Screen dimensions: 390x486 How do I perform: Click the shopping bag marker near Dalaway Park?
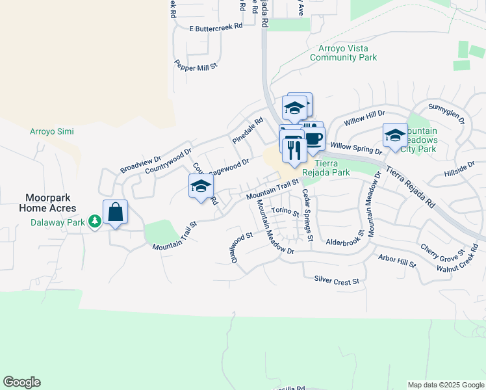pyautogui.click(x=115, y=213)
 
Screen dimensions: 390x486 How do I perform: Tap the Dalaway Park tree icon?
pyautogui.click(x=95, y=222)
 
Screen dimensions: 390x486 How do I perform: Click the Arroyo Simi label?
pyautogui.click(x=52, y=131)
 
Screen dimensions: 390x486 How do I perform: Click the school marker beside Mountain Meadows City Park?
pyautogui.click(x=394, y=136)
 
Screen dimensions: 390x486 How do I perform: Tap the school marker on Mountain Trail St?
pyautogui.click(x=201, y=187)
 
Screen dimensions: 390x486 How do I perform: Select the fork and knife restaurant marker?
pyautogui.click(x=294, y=151)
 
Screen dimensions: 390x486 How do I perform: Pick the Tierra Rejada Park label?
pyautogui.click(x=332, y=168)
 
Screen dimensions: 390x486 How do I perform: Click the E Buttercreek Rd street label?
pyautogui.click(x=216, y=27)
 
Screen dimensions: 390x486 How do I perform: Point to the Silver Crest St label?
pyautogui.click(x=337, y=281)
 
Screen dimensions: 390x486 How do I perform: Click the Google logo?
pyautogui.click(x=21, y=382)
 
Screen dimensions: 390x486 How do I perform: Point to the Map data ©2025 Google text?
pyautogui.click(x=445, y=385)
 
